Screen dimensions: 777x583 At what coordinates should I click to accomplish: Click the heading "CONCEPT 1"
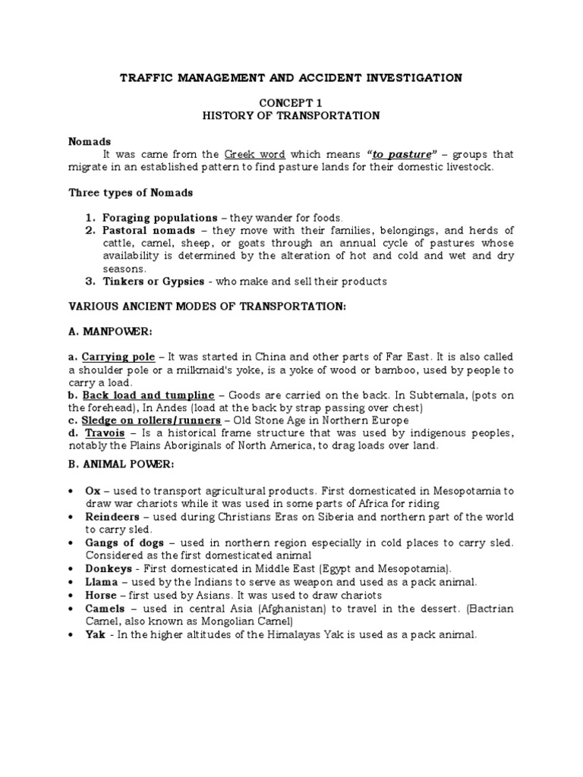[291, 102]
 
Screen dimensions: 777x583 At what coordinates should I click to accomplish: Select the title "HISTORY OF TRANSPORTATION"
[291, 115]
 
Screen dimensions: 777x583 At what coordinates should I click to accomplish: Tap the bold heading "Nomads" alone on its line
[90, 141]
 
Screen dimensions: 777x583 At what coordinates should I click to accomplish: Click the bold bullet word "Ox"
[92, 491]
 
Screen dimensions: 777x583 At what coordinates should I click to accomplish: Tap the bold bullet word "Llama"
[101, 581]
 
